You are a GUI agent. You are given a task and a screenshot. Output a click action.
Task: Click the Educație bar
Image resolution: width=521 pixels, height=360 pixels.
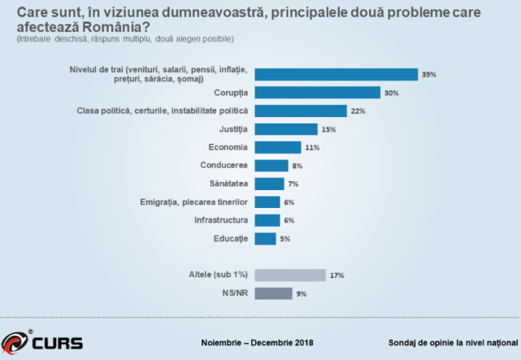coord(265,238)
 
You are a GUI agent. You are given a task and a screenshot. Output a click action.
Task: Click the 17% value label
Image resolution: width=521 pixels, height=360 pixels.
coord(336,275)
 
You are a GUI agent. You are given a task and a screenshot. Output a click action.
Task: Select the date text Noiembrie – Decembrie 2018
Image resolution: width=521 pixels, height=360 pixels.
coord(257,342)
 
